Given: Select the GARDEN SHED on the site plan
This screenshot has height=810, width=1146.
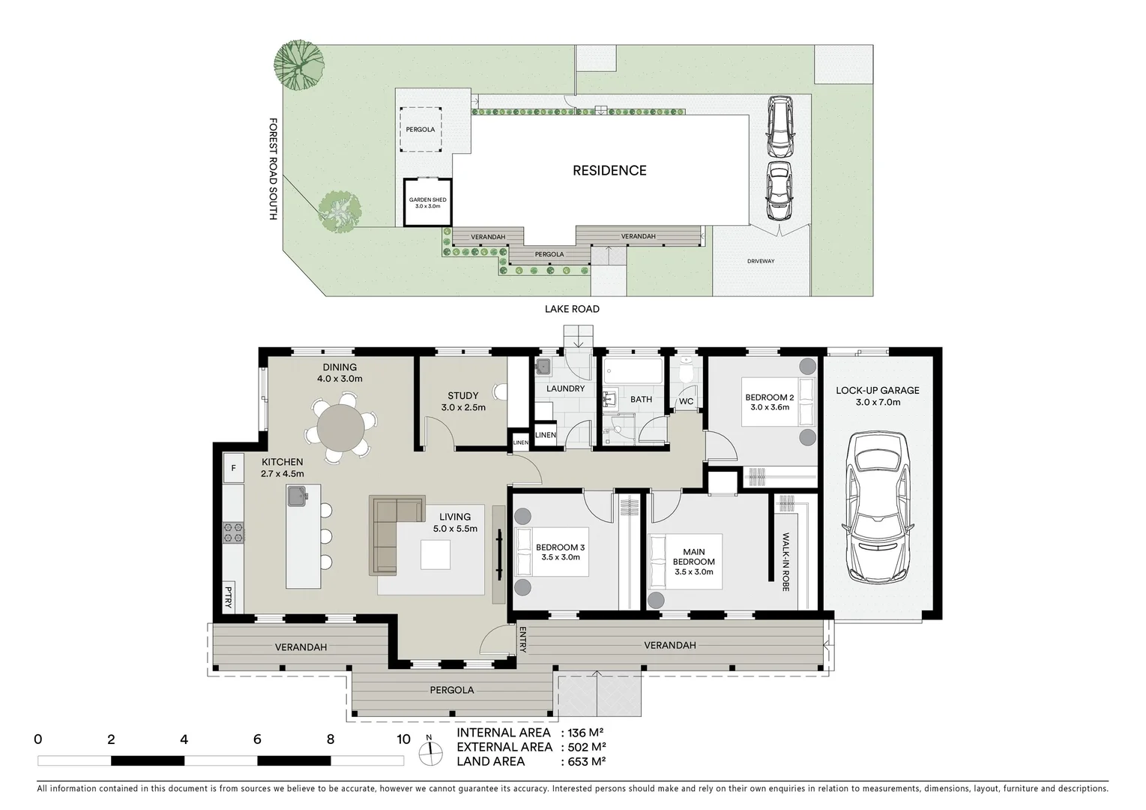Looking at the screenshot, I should [427, 202].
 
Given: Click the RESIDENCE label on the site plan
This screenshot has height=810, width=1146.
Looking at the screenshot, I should [609, 170].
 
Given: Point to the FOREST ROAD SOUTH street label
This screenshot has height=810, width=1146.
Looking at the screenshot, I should [274, 169].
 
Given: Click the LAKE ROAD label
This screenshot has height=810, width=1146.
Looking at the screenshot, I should [572, 309].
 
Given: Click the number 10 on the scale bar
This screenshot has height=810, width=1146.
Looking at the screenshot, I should [403, 739].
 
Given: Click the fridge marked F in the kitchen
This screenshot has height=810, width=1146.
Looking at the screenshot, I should [233, 469].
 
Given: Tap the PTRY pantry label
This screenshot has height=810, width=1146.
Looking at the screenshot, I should [229, 597].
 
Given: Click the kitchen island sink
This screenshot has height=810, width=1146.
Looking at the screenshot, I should [298, 496].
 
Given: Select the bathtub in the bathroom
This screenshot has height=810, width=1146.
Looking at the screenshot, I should [633, 371].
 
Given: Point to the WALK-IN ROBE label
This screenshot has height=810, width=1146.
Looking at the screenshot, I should [785, 562].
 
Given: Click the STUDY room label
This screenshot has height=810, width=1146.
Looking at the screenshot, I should [463, 396].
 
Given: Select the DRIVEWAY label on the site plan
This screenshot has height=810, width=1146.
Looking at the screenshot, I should [760, 261].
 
